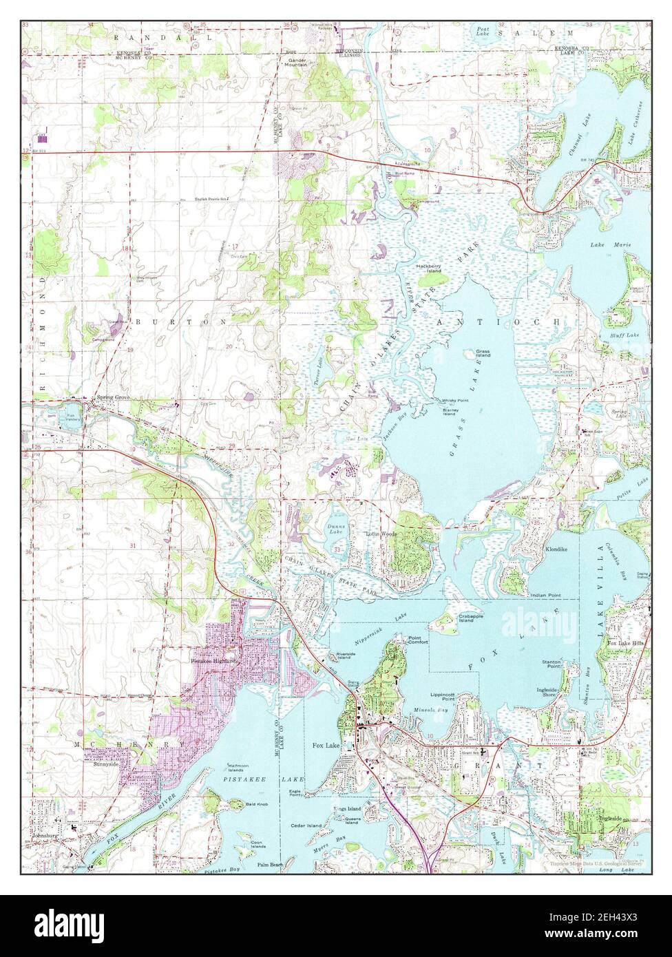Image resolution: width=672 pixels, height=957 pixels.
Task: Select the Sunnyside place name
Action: pos(103,764)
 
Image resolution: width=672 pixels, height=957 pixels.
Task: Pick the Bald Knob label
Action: pos(242,803)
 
